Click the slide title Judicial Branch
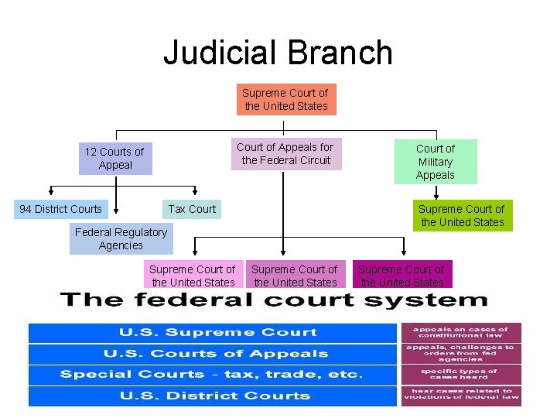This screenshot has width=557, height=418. pos(278,53)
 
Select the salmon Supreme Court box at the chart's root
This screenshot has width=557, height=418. pos(286,100)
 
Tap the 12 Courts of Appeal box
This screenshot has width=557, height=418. pos(115,158)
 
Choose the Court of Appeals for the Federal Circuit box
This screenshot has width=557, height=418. pos(285,153)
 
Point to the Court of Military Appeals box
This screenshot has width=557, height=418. pos(436,162)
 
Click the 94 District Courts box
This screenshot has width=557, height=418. pos(60,209)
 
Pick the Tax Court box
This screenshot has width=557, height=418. pos(192,209)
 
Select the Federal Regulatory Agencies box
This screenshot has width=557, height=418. pos(120,238)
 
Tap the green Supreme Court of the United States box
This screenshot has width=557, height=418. pos(461,215)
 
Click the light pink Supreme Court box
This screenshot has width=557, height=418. pos(192,275)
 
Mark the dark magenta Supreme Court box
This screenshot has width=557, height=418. pos(402,275)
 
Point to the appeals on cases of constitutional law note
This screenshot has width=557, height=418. pos(460,333)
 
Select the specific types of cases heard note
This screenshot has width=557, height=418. pos(460,375)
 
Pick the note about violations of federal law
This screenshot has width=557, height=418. pos(460,396)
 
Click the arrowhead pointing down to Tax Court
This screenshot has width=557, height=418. pos(194,194)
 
